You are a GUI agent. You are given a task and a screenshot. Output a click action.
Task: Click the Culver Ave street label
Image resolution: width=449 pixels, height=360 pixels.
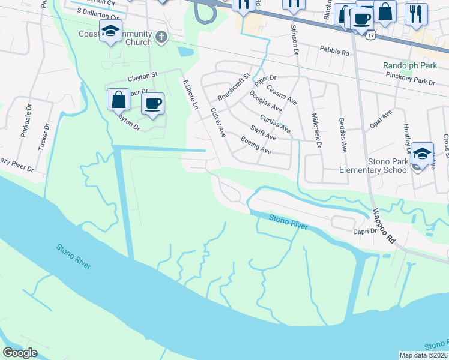[217, 121]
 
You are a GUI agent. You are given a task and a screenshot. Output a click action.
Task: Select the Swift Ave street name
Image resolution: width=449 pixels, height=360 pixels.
[264, 133]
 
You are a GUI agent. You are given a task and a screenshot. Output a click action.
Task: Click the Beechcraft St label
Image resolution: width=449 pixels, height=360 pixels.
[234, 87]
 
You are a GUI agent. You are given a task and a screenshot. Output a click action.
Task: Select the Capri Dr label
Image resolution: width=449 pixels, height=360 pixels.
[364, 230]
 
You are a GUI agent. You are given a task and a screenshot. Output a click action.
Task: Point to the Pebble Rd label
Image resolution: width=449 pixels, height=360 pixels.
[334, 52]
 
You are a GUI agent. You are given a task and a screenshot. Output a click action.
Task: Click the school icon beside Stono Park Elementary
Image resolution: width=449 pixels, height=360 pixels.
[423, 153]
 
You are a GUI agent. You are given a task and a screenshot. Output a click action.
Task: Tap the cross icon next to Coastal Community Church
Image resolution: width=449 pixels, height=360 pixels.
[160, 38]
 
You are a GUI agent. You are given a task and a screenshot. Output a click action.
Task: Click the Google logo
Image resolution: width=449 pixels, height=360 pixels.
[20, 352]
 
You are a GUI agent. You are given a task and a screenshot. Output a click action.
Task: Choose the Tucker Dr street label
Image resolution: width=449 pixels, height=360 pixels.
[44, 138]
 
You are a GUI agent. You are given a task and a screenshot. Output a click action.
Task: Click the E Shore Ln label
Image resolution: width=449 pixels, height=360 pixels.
[190, 95]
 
